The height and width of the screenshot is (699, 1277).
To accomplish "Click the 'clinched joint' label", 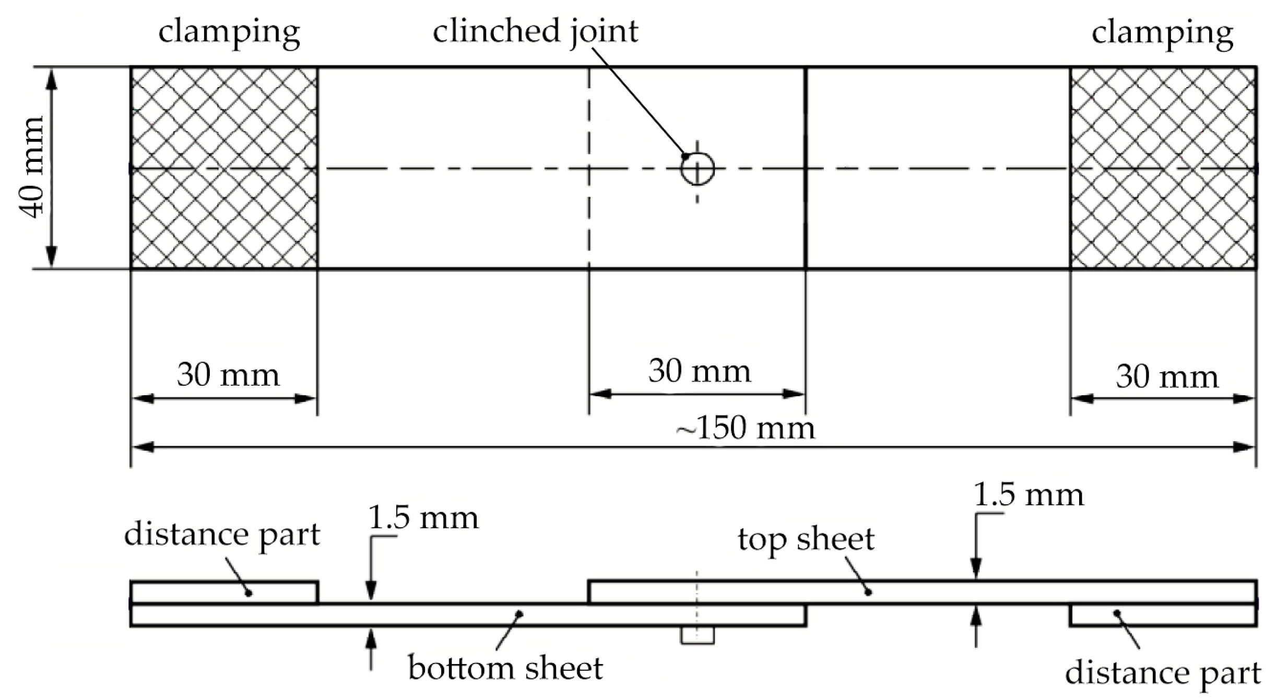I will (x=535, y=31).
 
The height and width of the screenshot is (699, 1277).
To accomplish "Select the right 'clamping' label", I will (x=1162, y=33).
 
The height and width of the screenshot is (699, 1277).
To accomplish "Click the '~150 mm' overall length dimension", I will (x=746, y=429).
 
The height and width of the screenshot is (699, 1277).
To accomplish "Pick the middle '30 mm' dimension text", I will (x=699, y=372).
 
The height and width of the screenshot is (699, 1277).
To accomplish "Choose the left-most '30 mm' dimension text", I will (x=228, y=375).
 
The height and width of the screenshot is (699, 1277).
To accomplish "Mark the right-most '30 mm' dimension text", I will (x=1167, y=377).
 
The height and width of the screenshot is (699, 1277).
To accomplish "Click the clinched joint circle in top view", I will (x=697, y=169).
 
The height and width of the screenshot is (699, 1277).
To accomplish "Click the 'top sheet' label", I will (x=806, y=539).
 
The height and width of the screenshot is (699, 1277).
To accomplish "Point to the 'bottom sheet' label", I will (x=505, y=669).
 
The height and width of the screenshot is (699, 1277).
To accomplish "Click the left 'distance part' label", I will (x=222, y=535).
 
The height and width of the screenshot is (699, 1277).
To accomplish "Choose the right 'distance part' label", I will (x=1163, y=673).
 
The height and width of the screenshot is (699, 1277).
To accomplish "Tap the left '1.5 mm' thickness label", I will (x=423, y=518).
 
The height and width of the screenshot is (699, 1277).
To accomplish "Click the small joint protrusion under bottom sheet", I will (x=697, y=635).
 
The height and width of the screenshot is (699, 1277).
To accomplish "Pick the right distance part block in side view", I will (x=1163, y=615).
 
